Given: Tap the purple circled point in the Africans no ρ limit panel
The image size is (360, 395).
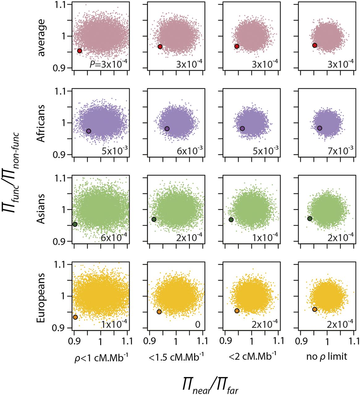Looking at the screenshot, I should (x=320, y=128).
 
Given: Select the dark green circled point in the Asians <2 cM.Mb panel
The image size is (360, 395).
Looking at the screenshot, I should (x=231, y=219).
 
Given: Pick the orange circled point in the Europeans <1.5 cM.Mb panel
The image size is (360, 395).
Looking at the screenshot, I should (x=159, y=312).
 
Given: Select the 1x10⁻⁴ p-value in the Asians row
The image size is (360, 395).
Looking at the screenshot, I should (x=265, y=237).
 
